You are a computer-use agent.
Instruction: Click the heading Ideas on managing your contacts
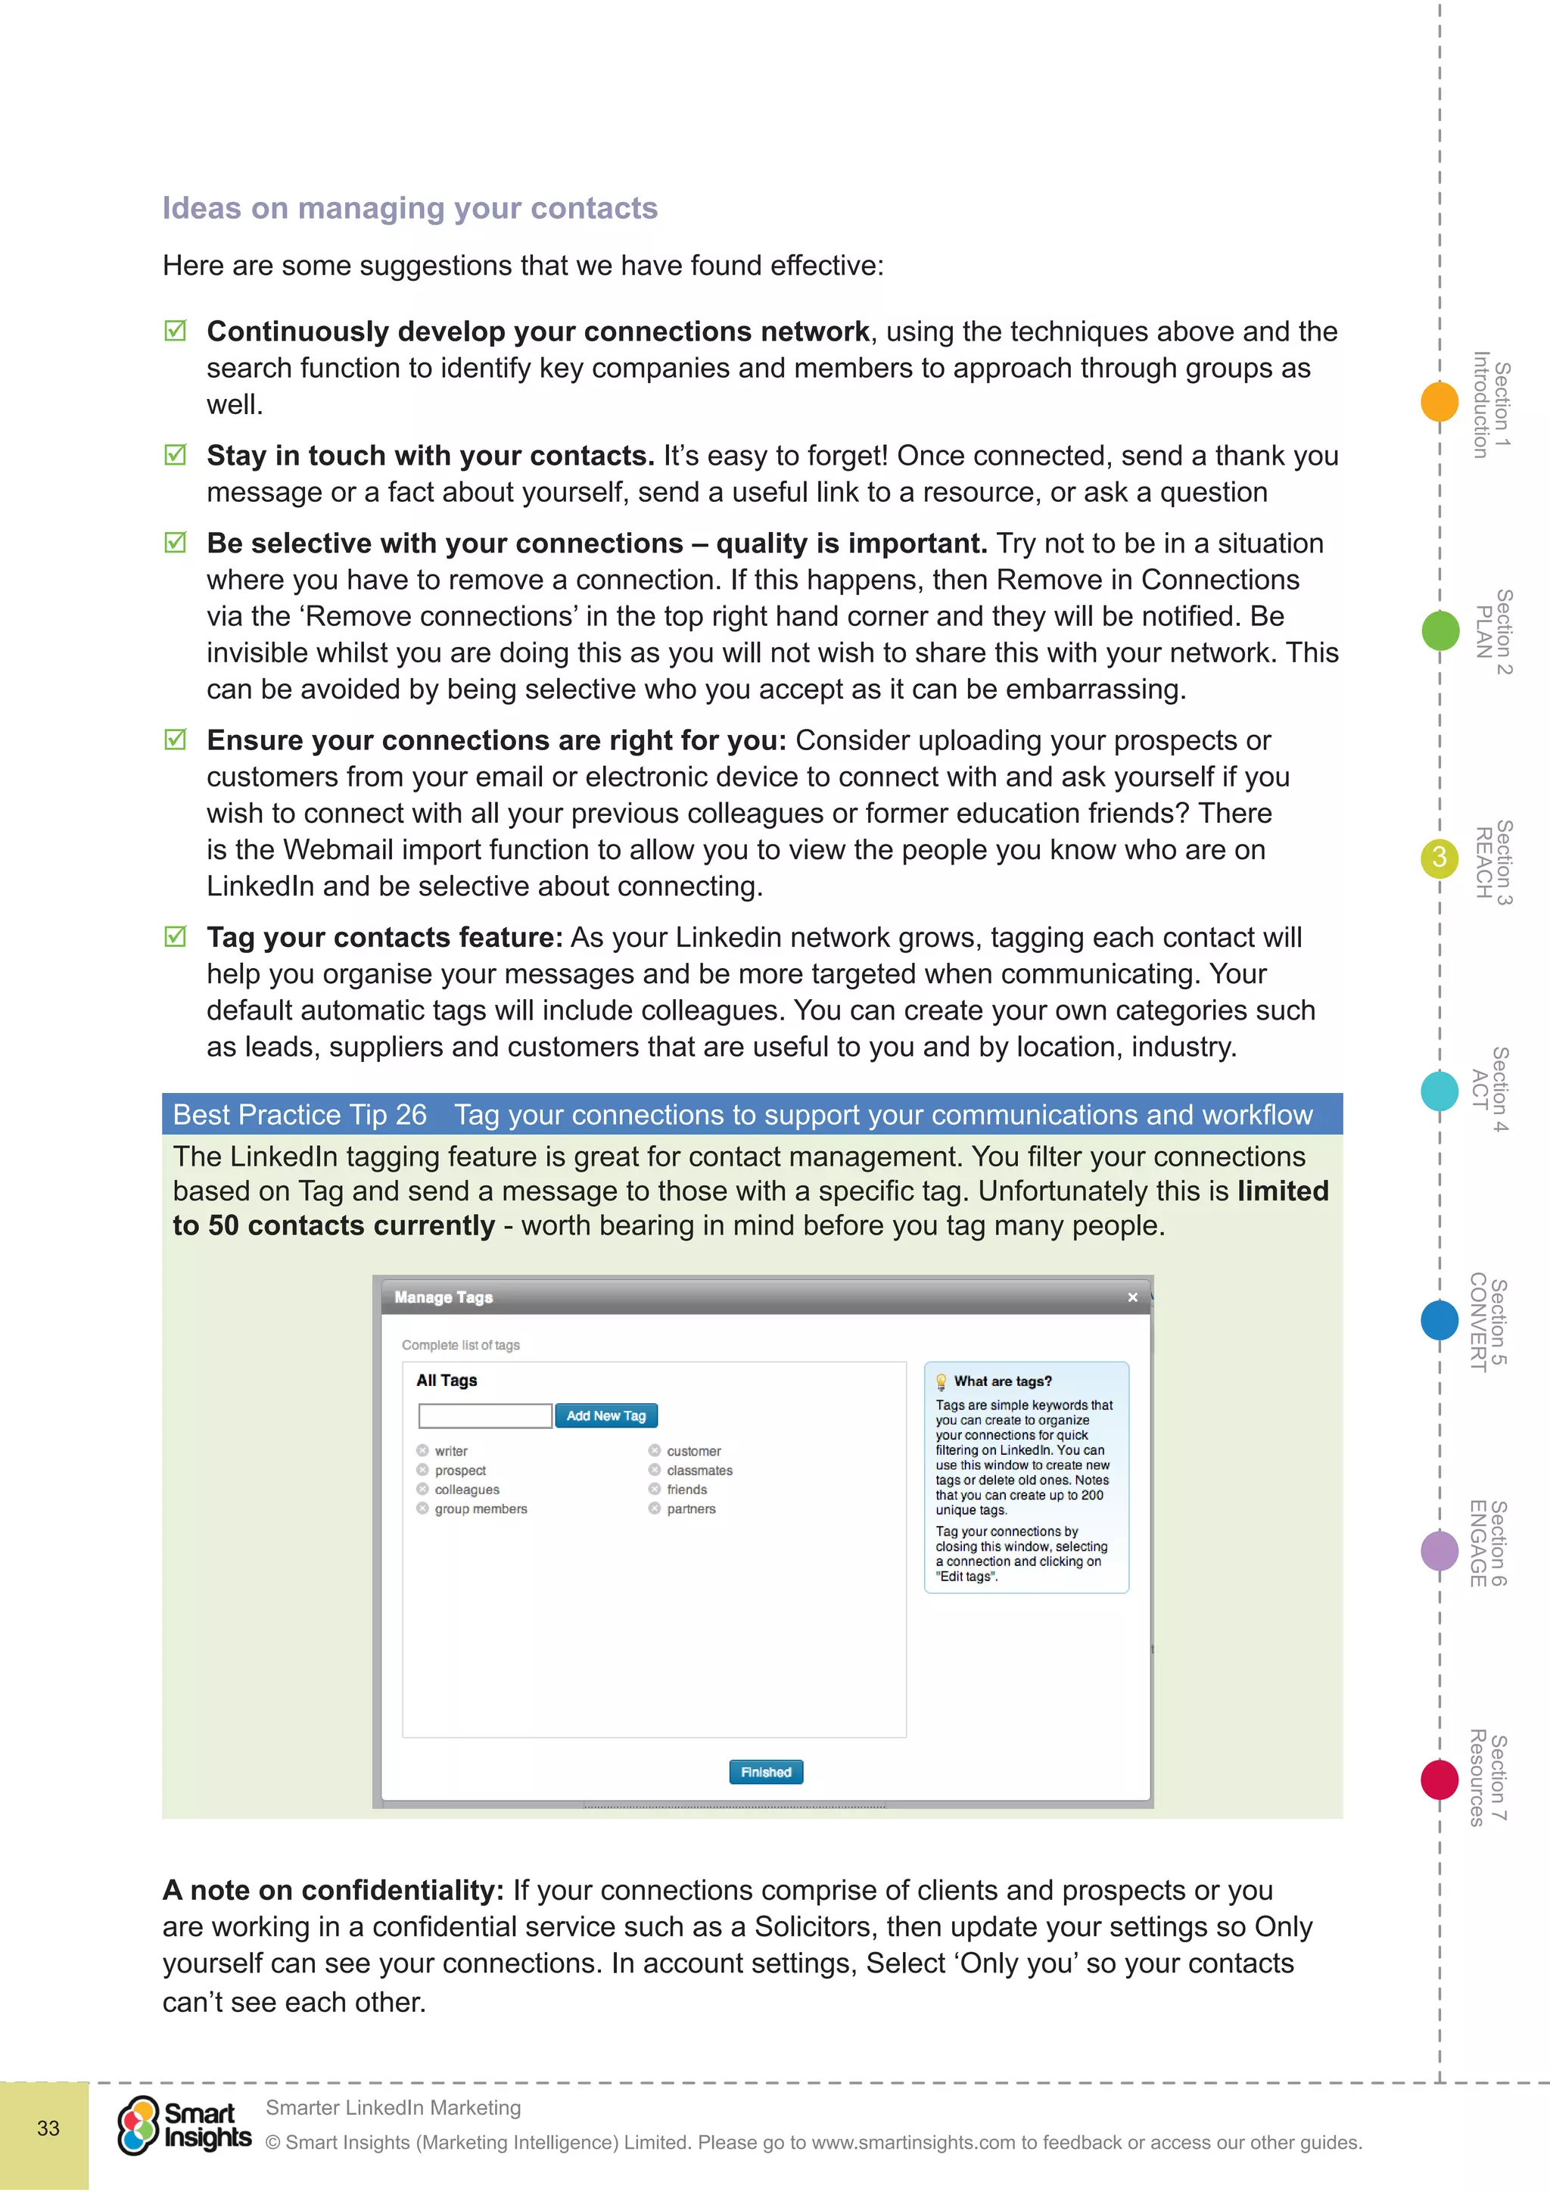(x=409, y=208)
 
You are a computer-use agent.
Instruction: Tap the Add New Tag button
(x=606, y=1416)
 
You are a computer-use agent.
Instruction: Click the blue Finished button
(x=765, y=1772)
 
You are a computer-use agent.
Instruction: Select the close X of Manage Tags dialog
(x=1133, y=1297)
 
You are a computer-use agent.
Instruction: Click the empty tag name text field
(x=485, y=1416)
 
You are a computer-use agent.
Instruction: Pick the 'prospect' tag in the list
(x=460, y=1470)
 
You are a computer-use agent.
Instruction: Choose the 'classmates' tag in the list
(x=699, y=1470)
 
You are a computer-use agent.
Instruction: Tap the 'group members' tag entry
(x=480, y=1509)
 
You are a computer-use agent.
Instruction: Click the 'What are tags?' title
(x=1002, y=1381)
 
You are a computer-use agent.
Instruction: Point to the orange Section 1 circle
(x=1440, y=401)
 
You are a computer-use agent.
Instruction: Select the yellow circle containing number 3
(x=1440, y=858)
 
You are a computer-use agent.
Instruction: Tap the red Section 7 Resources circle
(x=1440, y=1779)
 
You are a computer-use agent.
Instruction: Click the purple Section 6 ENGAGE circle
(x=1440, y=1550)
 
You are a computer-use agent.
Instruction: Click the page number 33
(x=48, y=2128)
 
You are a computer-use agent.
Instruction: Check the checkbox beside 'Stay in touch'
(x=176, y=454)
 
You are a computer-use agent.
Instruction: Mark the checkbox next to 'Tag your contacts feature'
(x=176, y=936)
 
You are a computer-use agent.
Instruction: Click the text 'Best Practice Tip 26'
(x=300, y=1114)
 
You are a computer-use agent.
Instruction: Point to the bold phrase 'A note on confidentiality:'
(x=333, y=1889)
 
